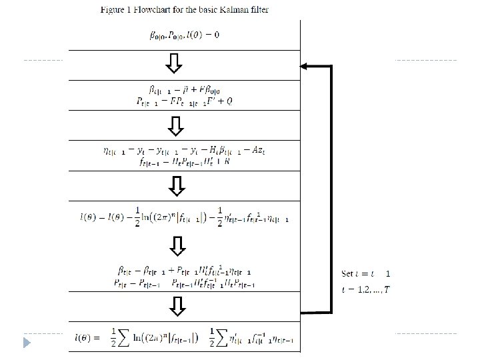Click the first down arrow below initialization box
[175, 63]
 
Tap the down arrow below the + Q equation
[175, 125]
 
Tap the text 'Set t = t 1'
[366, 274]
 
